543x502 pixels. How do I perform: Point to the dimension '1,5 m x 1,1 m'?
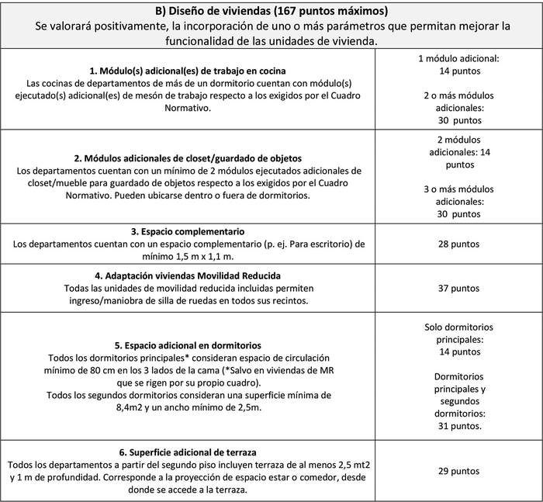tap(205, 255)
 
